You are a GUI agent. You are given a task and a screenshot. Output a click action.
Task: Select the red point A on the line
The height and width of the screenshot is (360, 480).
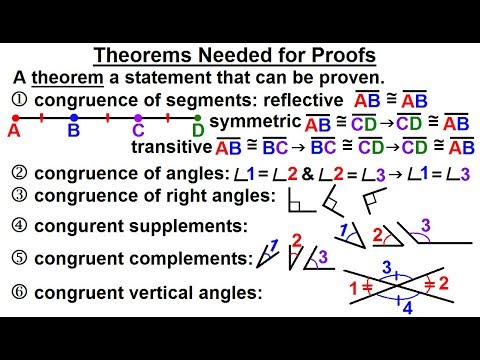coord(16,118)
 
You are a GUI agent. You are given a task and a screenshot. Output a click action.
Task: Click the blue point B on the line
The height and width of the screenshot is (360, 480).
coord(74,118)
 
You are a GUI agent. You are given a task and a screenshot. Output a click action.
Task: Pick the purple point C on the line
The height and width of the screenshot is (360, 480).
coord(138,118)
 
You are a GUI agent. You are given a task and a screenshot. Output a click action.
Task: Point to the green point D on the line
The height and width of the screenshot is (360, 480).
coord(198,118)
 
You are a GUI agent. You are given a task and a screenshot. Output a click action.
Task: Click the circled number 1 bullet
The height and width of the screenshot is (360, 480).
coord(18,100)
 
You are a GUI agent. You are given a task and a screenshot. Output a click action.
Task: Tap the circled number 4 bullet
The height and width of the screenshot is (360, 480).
coord(18,225)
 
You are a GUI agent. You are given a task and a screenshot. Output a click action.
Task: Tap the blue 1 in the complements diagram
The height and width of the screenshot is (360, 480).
coord(272,246)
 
